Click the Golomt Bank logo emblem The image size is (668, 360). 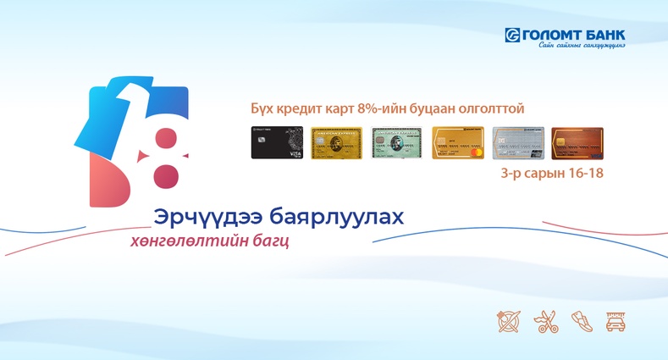tap(511, 35)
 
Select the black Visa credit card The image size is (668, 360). tap(275, 143)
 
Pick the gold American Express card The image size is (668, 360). tap(335, 143)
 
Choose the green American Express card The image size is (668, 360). tap(395, 143)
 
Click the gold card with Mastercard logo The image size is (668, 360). tap(456, 143)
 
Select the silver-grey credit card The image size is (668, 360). tap(516, 143)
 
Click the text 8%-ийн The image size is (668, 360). tap(395, 109)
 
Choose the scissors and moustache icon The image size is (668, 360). tap(544, 321)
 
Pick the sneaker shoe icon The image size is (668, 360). tap(580, 321)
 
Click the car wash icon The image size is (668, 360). tap(616, 321)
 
